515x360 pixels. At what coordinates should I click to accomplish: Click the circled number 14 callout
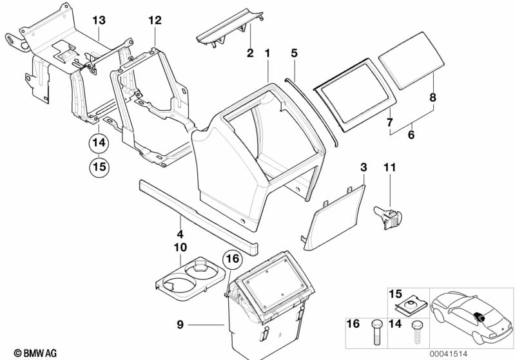(x=99, y=143)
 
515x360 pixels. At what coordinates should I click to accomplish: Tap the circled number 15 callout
(x=99, y=167)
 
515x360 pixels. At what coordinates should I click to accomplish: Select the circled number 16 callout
(x=232, y=259)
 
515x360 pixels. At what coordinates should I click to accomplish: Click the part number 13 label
(x=99, y=21)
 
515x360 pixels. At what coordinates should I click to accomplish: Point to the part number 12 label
(x=155, y=21)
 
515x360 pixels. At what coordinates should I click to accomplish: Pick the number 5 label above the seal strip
(x=294, y=53)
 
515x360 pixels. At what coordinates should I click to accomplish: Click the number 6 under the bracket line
(x=411, y=135)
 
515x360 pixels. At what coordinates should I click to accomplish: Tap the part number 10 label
(x=180, y=247)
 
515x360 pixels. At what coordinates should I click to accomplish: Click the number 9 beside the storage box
(x=180, y=325)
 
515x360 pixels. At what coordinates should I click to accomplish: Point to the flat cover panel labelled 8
(x=411, y=61)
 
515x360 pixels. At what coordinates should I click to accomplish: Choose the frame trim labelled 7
(x=355, y=95)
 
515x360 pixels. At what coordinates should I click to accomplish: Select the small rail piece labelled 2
(x=230, y=28)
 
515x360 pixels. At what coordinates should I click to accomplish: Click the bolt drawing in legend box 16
(x=376, y=332)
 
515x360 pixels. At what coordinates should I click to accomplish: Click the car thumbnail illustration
(x=472, y=318)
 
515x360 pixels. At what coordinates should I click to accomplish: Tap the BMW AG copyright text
(x=35, y=353)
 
